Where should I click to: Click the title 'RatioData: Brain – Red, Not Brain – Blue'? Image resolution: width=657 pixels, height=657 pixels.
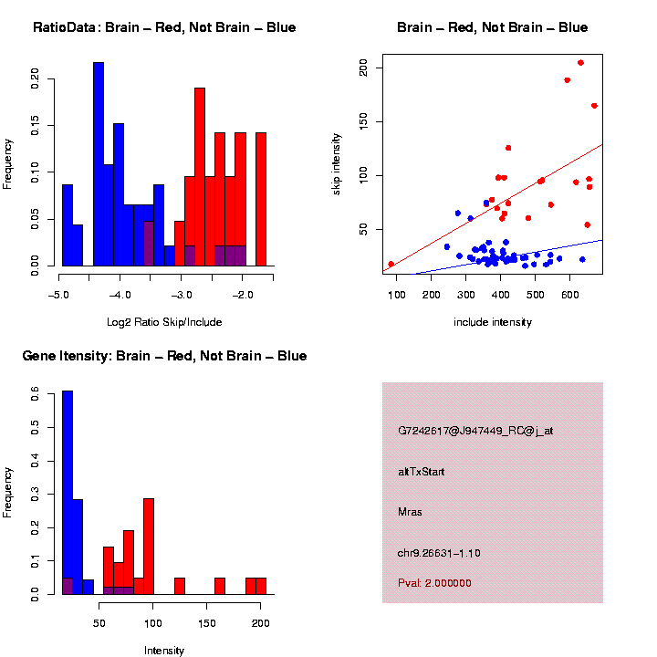click(164, 27)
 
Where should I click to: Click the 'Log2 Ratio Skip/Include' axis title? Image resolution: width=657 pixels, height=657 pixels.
click(164, 322)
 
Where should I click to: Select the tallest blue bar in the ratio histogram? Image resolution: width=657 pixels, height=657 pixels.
click(99, 164)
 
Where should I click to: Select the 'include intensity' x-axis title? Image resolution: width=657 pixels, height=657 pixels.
click(493, 322)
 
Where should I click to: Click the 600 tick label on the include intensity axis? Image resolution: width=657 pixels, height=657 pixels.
click(571, 295)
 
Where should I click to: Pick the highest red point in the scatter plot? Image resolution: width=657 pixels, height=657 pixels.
click(580, 63)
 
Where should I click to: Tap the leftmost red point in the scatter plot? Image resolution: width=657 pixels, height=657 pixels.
click(391, 265)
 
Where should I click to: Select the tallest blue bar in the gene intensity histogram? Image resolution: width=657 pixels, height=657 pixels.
click(68, 493)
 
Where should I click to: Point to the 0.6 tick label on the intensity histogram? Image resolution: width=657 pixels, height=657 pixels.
click(35, 394)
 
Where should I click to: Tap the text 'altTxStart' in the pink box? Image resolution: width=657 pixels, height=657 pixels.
click(422, 471)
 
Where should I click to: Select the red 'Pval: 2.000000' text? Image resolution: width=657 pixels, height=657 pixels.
click(434, 582)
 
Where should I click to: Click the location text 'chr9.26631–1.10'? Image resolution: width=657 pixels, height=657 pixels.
click(439, 552)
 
